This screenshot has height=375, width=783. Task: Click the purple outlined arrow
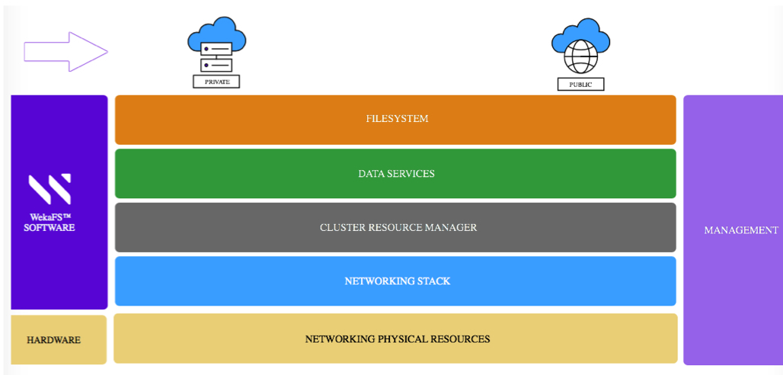pos(66,52)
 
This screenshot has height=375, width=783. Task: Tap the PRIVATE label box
pos(216,81)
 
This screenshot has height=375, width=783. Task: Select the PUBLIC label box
pos(580,84)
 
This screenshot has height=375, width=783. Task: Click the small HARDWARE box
pos(58,340)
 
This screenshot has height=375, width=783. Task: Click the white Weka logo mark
pos(50,190)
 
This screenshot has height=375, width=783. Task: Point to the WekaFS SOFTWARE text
pos(50,222)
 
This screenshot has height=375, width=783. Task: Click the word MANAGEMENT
pos(740,230)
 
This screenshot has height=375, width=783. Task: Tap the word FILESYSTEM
pos(397,119)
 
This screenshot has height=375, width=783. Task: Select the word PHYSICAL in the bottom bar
pos(403,338)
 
